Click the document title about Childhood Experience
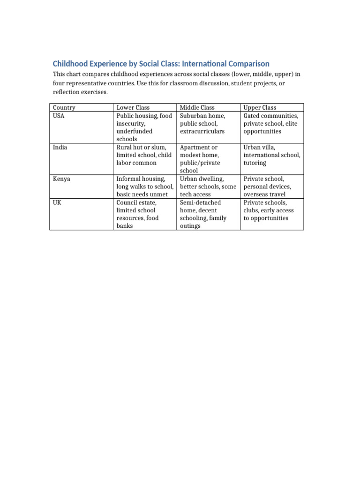[161, 64]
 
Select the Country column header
[64, 108]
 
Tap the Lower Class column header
[133, 108]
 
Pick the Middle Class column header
[197, 108]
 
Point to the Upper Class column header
[260, 108]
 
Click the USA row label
[59, 116]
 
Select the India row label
[60, 147]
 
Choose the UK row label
[57, 202]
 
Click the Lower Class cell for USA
[144, 127]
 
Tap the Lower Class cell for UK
[138, 214]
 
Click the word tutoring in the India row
[255, 163]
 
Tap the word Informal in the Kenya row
[129, 179]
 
